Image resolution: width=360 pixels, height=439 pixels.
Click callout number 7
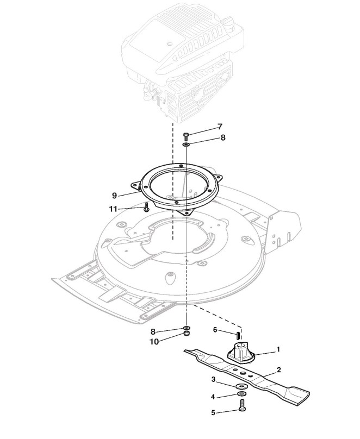(220, 127)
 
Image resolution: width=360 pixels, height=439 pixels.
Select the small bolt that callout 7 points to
(187, 135)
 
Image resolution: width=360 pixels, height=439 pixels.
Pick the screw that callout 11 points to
(147, 208)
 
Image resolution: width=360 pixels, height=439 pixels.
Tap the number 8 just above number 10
(153, 331)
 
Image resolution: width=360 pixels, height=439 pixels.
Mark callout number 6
(215, 330)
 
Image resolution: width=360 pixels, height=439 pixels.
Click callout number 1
(278, 349)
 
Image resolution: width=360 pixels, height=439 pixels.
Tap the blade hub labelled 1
(240, 354)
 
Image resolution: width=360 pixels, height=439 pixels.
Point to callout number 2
(278, 369)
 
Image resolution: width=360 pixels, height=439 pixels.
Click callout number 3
(214, 379)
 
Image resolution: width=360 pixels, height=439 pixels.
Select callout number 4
(214, 396)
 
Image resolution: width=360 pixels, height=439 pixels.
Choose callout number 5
(214, 413)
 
